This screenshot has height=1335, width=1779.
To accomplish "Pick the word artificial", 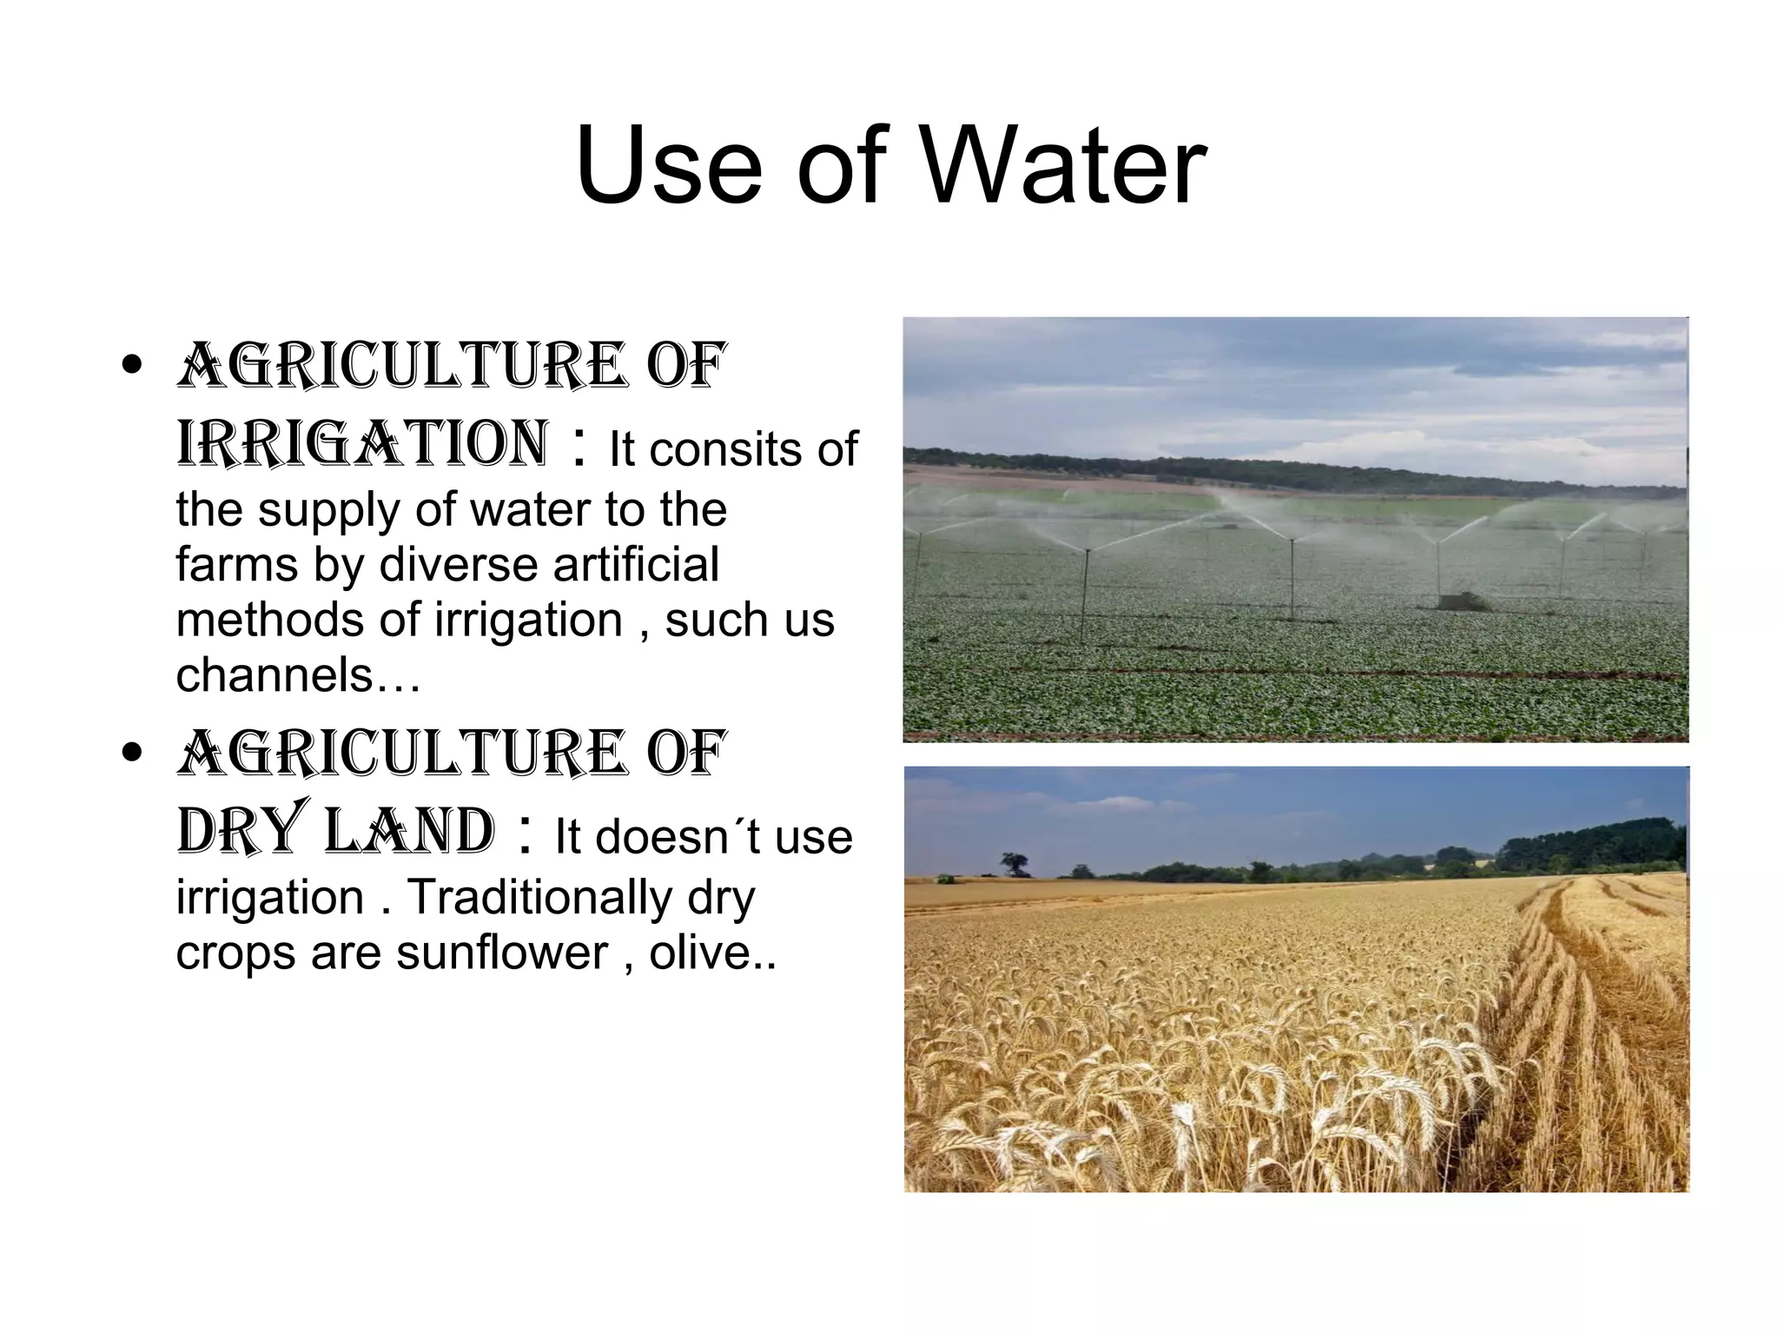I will click(636, 564).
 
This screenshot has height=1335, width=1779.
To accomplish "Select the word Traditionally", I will click(539, 897).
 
